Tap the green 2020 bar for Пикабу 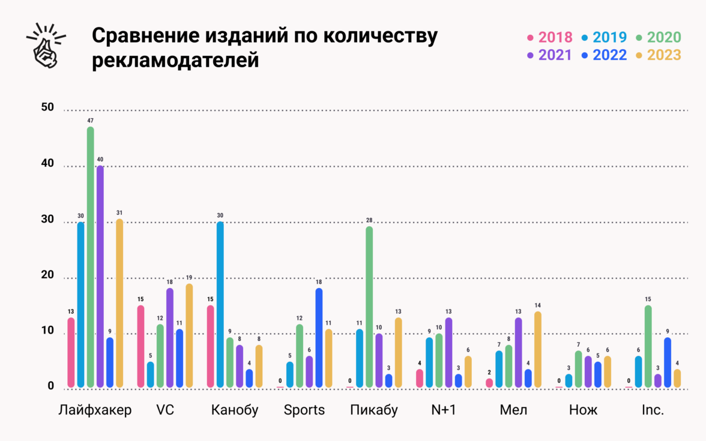pos(369,307)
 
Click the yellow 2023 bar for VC pos(189,335)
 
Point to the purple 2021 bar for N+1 pos(448,352)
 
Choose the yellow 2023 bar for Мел pos(537,349)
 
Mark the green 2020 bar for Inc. pos(648,346)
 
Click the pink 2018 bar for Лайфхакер pos(71,352)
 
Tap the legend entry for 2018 pos(549,37)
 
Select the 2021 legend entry pos(549,55)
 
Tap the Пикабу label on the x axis pos(374,410)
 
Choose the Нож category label pos(583,410)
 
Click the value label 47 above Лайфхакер pos(91,121)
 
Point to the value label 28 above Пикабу pos(369,221)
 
